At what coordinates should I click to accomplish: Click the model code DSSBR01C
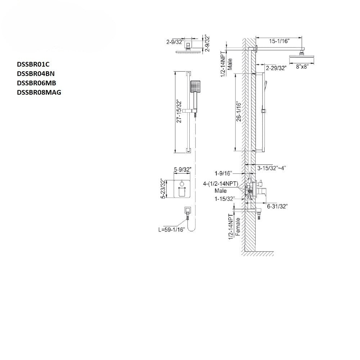point(33,64)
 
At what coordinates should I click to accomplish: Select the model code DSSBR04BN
point(36,74)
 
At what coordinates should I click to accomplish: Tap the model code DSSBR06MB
point(36,83)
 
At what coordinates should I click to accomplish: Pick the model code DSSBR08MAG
point(39,92)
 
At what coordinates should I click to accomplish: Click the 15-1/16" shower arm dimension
point(279,41)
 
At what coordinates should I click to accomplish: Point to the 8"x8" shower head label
point(302,67)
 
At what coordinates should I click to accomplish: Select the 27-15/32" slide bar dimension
point(179,112)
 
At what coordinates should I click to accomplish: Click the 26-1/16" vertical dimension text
point(239,112)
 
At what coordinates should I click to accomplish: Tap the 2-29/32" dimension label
point(276,68)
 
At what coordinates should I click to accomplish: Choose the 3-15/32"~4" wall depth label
point(271,168)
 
